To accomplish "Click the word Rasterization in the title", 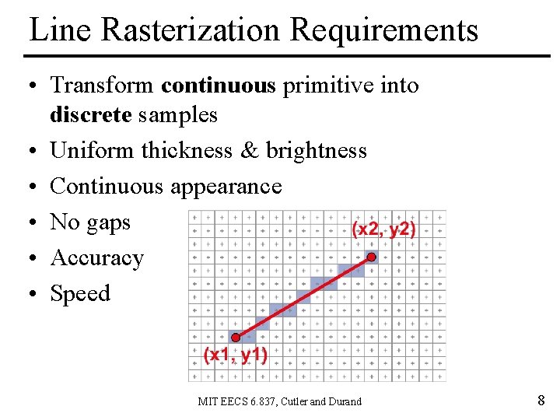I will (191, 30).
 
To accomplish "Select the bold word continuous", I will (219, 85).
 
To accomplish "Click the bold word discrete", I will (91, 115).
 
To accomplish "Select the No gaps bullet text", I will (90, 222).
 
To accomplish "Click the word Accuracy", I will (97, 258).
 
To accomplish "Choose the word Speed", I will (80, 294).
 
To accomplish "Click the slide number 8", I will (541, 401).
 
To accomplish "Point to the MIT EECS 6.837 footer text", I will (279, 401).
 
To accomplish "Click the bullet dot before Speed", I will (33, 295).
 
